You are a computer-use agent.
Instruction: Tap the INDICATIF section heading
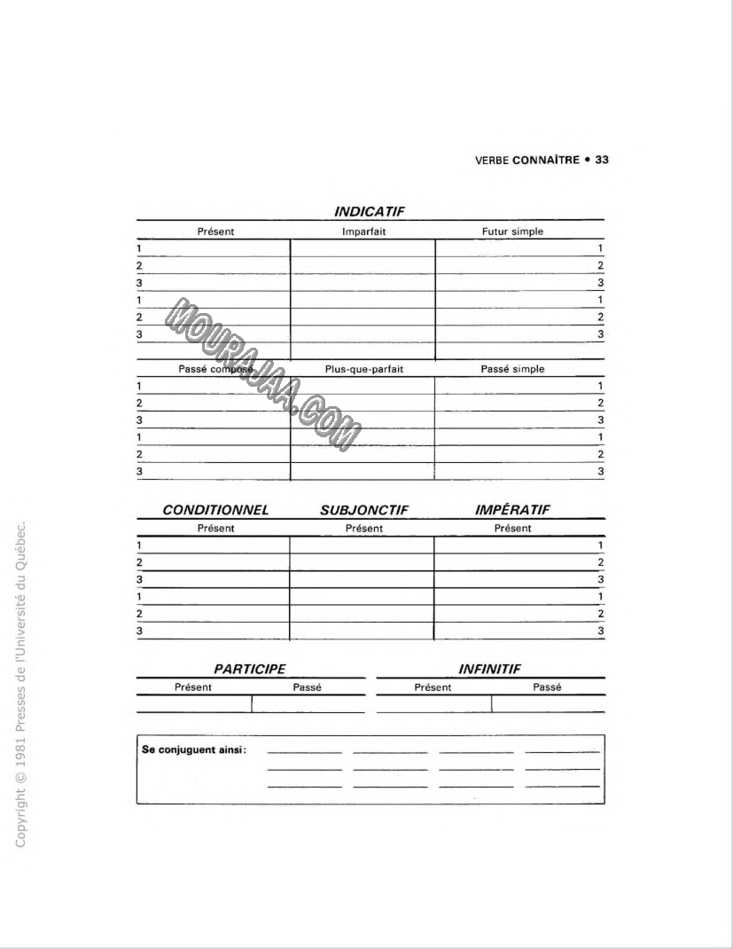pos(370,212)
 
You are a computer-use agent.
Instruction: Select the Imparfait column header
pos(363,231)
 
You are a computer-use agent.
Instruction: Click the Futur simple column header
pos(512,231)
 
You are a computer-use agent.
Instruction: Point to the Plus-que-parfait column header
pos(363,369)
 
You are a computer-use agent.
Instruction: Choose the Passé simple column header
pos(512,369)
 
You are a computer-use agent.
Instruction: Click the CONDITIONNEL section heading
pos(215,510)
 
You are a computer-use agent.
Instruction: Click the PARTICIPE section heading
pos(251,670)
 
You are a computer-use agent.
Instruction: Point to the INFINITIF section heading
pos(490,670)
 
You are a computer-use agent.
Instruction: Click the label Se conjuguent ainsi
pos(194,749)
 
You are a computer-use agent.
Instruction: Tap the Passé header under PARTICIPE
pos(307,687)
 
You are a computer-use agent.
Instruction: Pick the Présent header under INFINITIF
pos(433,687)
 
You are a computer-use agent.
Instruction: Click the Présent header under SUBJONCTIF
pos(363,529)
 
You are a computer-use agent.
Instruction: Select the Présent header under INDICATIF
pos(215,231)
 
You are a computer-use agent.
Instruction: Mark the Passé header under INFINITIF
pos(548,687)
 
